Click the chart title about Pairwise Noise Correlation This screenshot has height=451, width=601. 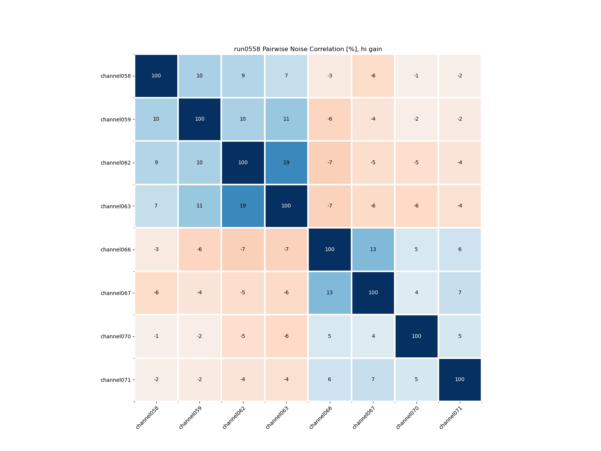pos(308,49)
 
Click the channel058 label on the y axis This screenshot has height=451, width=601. pos(116,76)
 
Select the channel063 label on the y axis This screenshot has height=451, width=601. pos(116,206)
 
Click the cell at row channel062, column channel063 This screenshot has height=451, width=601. pos(286,163)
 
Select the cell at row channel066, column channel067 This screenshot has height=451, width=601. pos(373,250)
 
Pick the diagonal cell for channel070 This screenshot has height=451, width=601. pos(416,336)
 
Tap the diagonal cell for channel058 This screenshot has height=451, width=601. pos(156,76)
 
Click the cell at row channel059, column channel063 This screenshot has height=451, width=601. pos(286,119)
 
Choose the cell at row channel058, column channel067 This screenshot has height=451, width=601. pos(373,76)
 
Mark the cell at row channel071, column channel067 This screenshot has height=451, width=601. pos(373,380)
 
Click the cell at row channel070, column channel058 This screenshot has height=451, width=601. pos(156,336)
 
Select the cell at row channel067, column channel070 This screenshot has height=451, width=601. pos(416,293)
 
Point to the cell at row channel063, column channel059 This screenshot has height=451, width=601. pos(199,206)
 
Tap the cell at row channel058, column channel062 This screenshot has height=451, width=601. pos(243,76)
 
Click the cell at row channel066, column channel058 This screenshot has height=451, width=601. pos(156,250)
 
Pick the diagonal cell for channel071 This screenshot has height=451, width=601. pos(460,380)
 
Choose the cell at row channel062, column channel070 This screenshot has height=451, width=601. pos(416,163)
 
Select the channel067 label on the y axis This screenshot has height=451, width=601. pos(116,293)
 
